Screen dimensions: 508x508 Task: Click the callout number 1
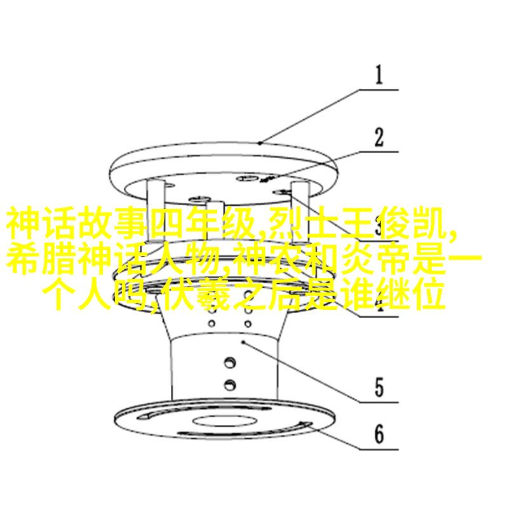coord(379,75)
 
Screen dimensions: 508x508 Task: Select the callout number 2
coord(379,137)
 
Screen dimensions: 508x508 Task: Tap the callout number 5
coord(379,387)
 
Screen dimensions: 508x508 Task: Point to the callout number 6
coord(379,434)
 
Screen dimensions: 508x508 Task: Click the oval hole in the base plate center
coord(225,421)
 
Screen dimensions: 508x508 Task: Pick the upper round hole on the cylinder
coord(230,361)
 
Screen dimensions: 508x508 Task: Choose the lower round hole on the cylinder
coord(230,384)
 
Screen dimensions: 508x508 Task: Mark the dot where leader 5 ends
coord(243,342)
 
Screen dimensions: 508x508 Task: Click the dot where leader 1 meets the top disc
coord(260,143)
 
